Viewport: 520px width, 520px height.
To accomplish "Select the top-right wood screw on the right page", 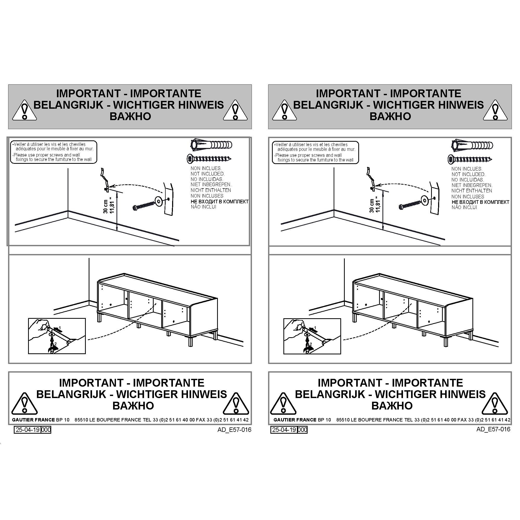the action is point(470,159).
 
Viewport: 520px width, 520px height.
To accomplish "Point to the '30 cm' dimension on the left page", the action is point(106,207).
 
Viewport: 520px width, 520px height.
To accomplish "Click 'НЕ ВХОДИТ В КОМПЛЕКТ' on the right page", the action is point(480,202).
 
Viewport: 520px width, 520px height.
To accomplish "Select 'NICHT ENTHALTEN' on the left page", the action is point(211,190).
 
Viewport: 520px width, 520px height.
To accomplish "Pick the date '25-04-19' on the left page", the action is point(28,430).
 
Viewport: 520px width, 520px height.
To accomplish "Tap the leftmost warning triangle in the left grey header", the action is point(24,110).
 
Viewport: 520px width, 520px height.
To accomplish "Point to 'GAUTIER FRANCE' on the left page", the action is point(33,420).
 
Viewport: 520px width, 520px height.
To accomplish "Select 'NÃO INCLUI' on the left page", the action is point(204,207).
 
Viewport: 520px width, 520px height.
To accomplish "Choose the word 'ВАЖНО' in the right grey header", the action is point(390,116).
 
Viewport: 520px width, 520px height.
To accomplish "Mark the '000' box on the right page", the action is point(303,430).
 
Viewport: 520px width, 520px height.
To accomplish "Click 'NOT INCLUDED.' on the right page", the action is point(468,174).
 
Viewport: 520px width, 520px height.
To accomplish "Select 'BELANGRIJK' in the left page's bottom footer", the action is point(71,394).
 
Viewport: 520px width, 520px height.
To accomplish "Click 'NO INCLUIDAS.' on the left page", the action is point(207,179).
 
